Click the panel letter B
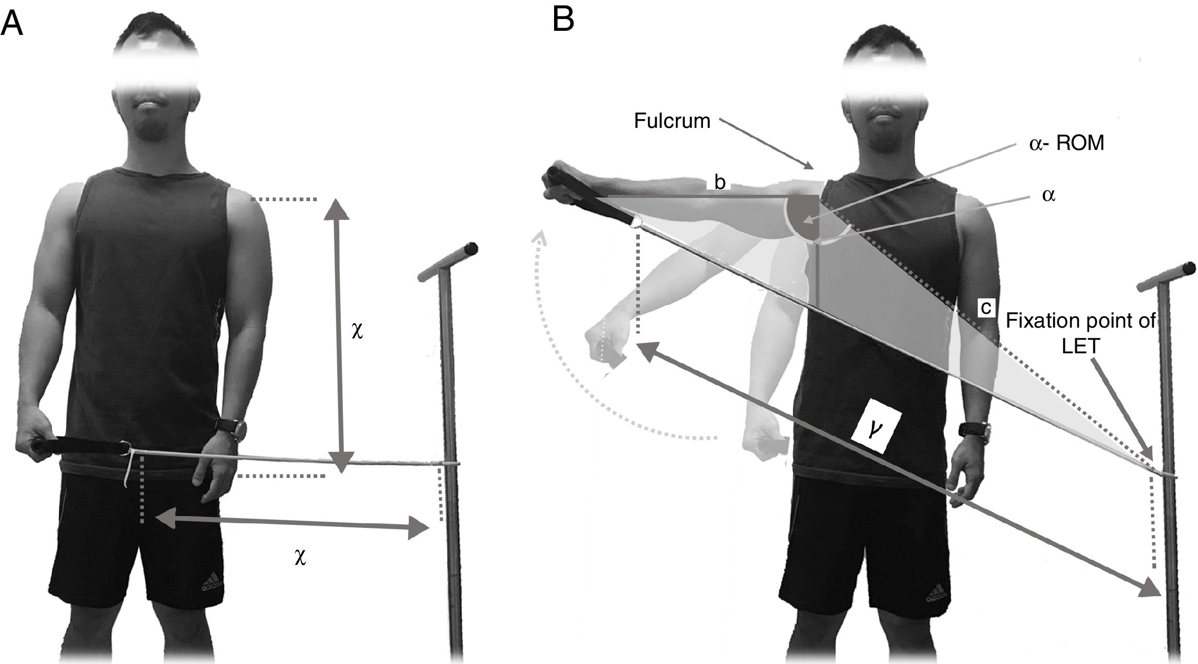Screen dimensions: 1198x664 (x=563, y=21)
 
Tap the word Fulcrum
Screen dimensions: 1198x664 (x=672, y=121)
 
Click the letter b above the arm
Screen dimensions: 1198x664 (x=719, y=182)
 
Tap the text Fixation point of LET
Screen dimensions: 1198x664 (x=1080, y=333)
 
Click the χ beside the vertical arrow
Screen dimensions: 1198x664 (x=357, y=331)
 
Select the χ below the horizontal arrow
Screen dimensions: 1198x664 (x=300, y=557)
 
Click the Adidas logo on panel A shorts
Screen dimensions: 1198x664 (x=212, y=584)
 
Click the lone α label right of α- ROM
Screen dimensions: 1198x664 (x=1049, y=196)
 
